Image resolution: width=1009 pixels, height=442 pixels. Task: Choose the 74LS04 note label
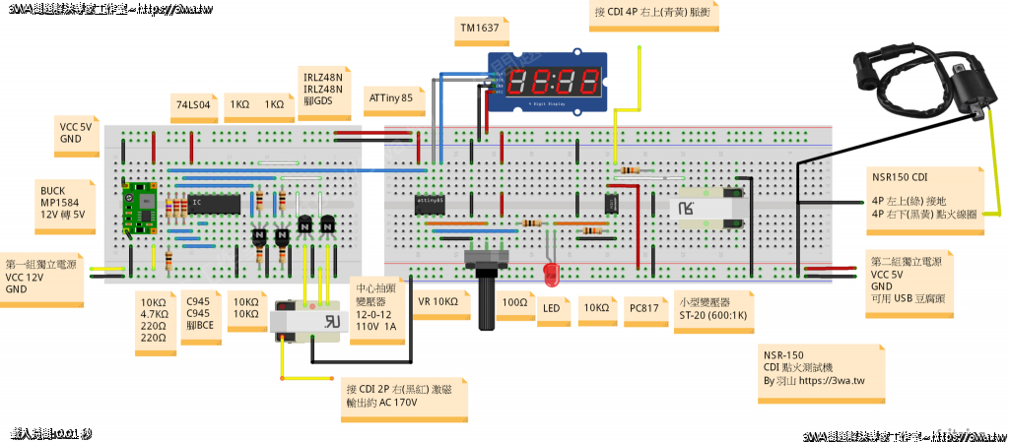point(193,103)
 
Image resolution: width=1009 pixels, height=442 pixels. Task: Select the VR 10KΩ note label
point(438,302)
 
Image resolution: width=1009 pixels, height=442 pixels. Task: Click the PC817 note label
point(641,307)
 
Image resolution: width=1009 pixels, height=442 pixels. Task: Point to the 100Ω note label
point(512,302)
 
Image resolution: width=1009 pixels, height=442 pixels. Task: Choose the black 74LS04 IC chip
point(214,204)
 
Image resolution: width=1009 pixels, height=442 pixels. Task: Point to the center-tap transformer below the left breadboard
point(310,323)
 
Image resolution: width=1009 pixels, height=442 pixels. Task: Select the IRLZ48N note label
point(324,89)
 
